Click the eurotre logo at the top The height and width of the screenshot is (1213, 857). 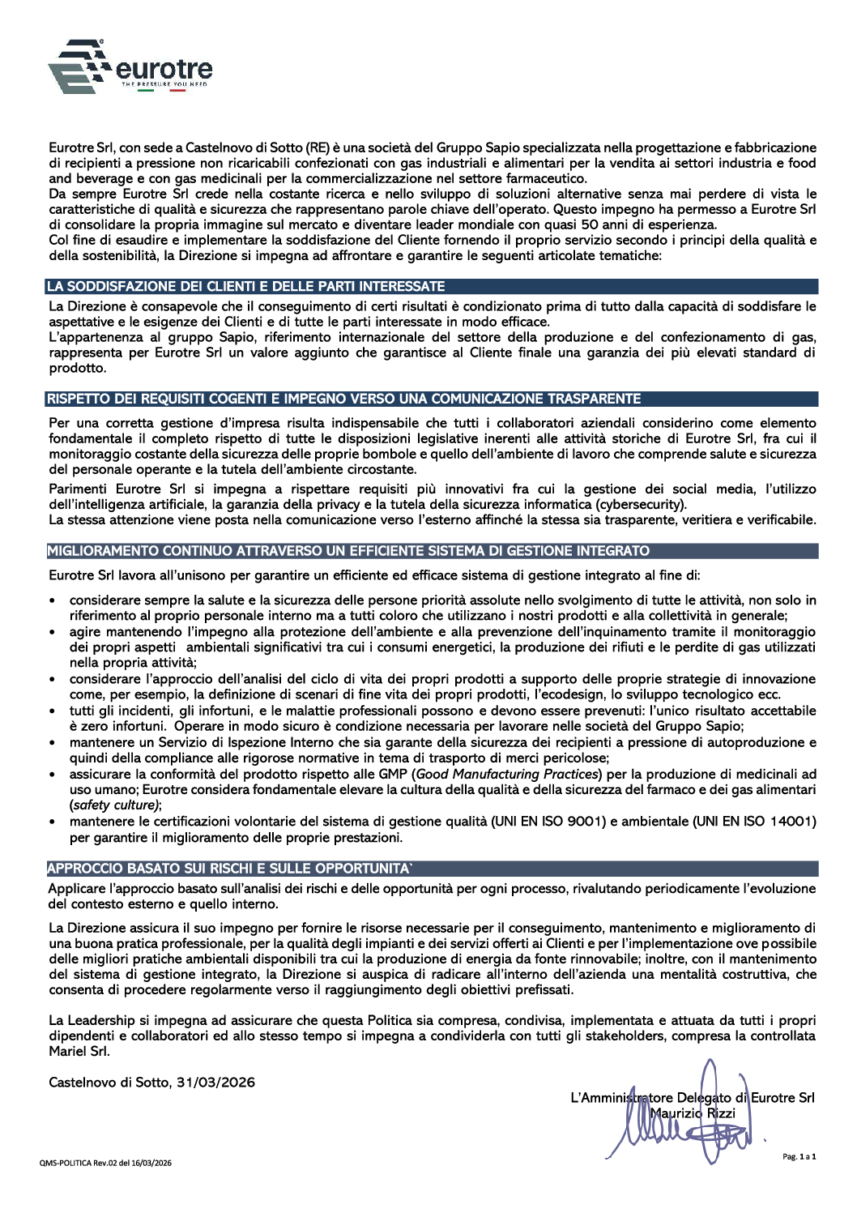(130, 66)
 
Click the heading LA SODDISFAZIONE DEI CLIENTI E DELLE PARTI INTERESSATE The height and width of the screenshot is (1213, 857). (246, 287)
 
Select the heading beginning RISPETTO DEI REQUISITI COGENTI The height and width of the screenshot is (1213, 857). (343, 399)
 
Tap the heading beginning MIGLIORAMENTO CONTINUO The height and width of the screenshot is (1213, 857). (348, 551)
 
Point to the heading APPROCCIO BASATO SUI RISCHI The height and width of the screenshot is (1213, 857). (230, 869)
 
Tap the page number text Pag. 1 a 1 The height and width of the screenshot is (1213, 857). (799, 1157)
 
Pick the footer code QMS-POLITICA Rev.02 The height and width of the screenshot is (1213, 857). (106, 1163)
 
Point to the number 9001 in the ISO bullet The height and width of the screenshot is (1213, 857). (585, 822)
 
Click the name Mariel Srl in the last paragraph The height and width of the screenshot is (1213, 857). (79, 1052)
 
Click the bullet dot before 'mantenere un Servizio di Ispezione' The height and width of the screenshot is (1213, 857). (53, 743)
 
